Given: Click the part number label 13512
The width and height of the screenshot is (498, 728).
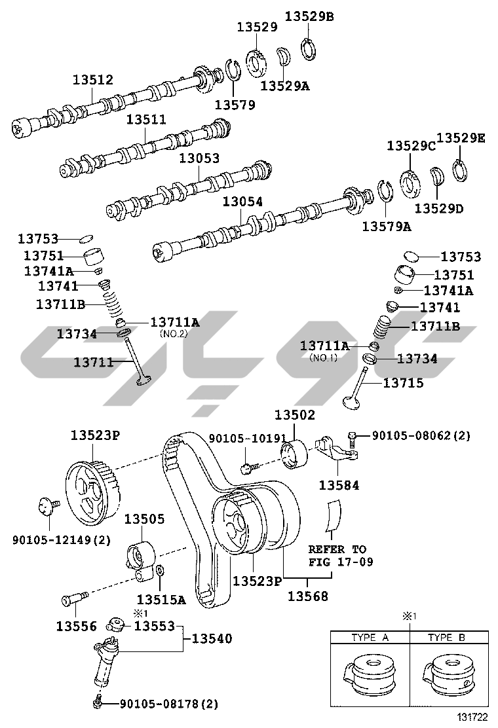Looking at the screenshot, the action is coord(92,80).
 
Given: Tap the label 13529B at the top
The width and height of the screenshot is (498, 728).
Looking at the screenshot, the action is coord(309,16).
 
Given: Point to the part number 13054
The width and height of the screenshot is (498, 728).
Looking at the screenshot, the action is coord(242,202).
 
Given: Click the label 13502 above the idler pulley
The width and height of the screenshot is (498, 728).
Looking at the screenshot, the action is coord(294,414).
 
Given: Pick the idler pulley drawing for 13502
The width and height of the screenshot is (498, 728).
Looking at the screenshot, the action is coord(294,454).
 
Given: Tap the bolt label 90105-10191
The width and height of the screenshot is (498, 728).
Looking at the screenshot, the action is coord(248,438).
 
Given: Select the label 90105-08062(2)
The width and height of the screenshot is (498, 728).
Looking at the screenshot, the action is coord(421,435).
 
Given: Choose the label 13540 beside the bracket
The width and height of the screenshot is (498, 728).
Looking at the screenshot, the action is coord(212,639).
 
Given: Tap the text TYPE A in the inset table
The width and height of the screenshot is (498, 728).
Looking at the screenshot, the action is coord(370,638).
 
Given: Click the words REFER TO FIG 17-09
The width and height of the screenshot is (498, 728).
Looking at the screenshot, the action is coord(341,556).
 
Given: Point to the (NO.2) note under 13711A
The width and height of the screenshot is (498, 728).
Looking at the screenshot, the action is coord(174,334).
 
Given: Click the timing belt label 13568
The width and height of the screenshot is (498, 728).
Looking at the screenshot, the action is coord(307,596).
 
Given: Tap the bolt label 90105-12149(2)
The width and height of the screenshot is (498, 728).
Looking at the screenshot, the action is coord(62,540).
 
